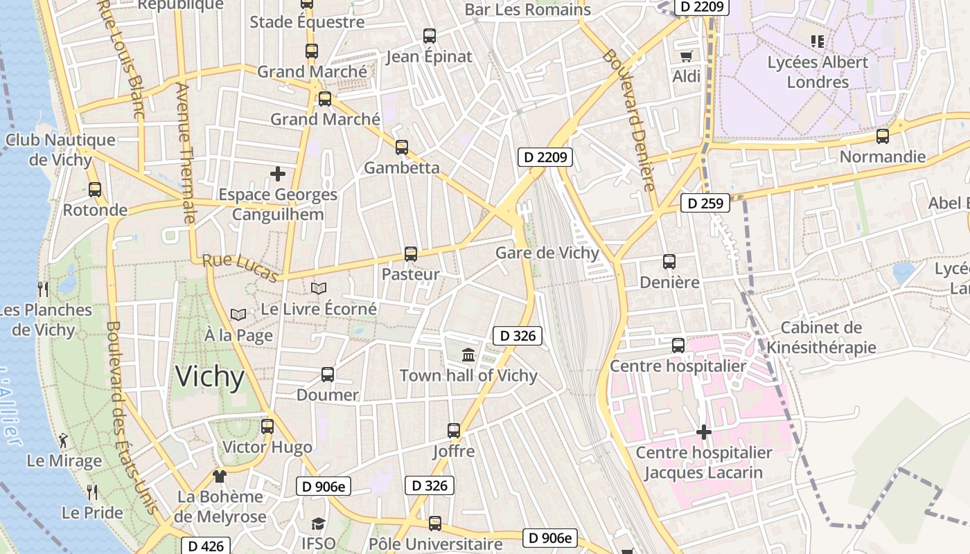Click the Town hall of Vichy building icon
click(468, 355)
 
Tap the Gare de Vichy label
click(547, 253)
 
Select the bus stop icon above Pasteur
click(411, 254)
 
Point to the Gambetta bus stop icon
click(402, 148)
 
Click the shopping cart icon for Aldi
click(686, 56)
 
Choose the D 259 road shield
click(705, 204)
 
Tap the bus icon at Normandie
click(883, 136)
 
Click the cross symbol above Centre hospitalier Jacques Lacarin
click(704, 433)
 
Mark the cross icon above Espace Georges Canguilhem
click(278, 173)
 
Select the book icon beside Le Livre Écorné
click(319, 288)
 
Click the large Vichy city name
click(210, 377)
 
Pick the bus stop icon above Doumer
click(328, 375)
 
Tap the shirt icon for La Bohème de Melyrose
click(220, 476)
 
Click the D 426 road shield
click(206, 546)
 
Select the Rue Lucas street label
click(240, 268)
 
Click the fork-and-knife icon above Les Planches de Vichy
click(43, 289)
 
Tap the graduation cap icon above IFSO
click(318, 524)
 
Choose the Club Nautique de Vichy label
click(60, 150)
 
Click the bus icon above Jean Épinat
click(430, 36)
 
